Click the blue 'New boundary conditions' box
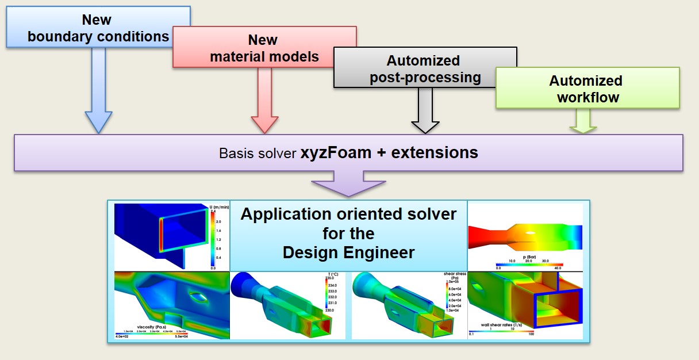[98, 27]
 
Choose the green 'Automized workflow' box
[587, 88]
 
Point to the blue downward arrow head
[98, 121]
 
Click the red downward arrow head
[264, 123]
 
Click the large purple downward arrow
[349, 183]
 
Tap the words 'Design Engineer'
[348, 252]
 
